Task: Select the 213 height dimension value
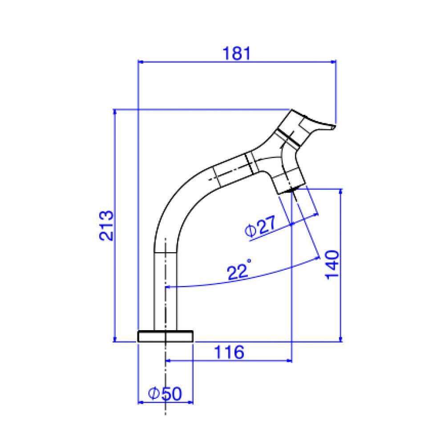[x=106, y=226]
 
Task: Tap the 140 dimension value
[x=332, y=264]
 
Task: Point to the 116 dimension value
[x=229, y=352]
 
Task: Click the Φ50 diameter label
[x=165, y=393]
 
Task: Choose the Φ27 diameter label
[x=260, y=226]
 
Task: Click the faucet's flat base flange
[x=165, y=336]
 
